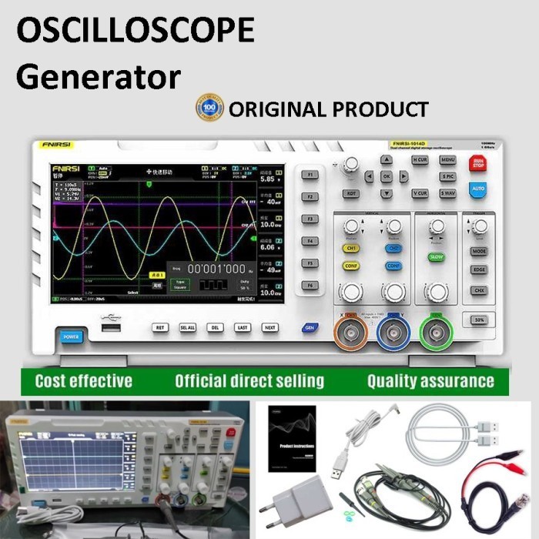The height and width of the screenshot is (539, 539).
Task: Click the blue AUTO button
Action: tap(477, 188)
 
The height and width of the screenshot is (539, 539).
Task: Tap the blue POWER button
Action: tap(71, 336)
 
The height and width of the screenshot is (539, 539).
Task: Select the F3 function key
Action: tap(310, 219)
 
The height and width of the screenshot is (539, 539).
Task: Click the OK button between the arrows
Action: tap(387, 176)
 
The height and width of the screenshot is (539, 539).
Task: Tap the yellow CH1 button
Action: tap(351, 249)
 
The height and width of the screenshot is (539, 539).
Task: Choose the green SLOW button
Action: tap(437, 256)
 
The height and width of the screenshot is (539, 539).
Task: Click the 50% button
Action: tap(478, 319)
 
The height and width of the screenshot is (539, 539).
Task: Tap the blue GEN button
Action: tap(310, 327)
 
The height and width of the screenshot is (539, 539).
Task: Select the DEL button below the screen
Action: tap(215, 327)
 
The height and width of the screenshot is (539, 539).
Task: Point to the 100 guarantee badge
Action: tap(209, 108)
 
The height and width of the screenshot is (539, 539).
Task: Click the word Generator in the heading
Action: tap(99, 75)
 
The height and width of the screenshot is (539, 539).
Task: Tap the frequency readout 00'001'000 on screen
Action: tap(217, 269)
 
